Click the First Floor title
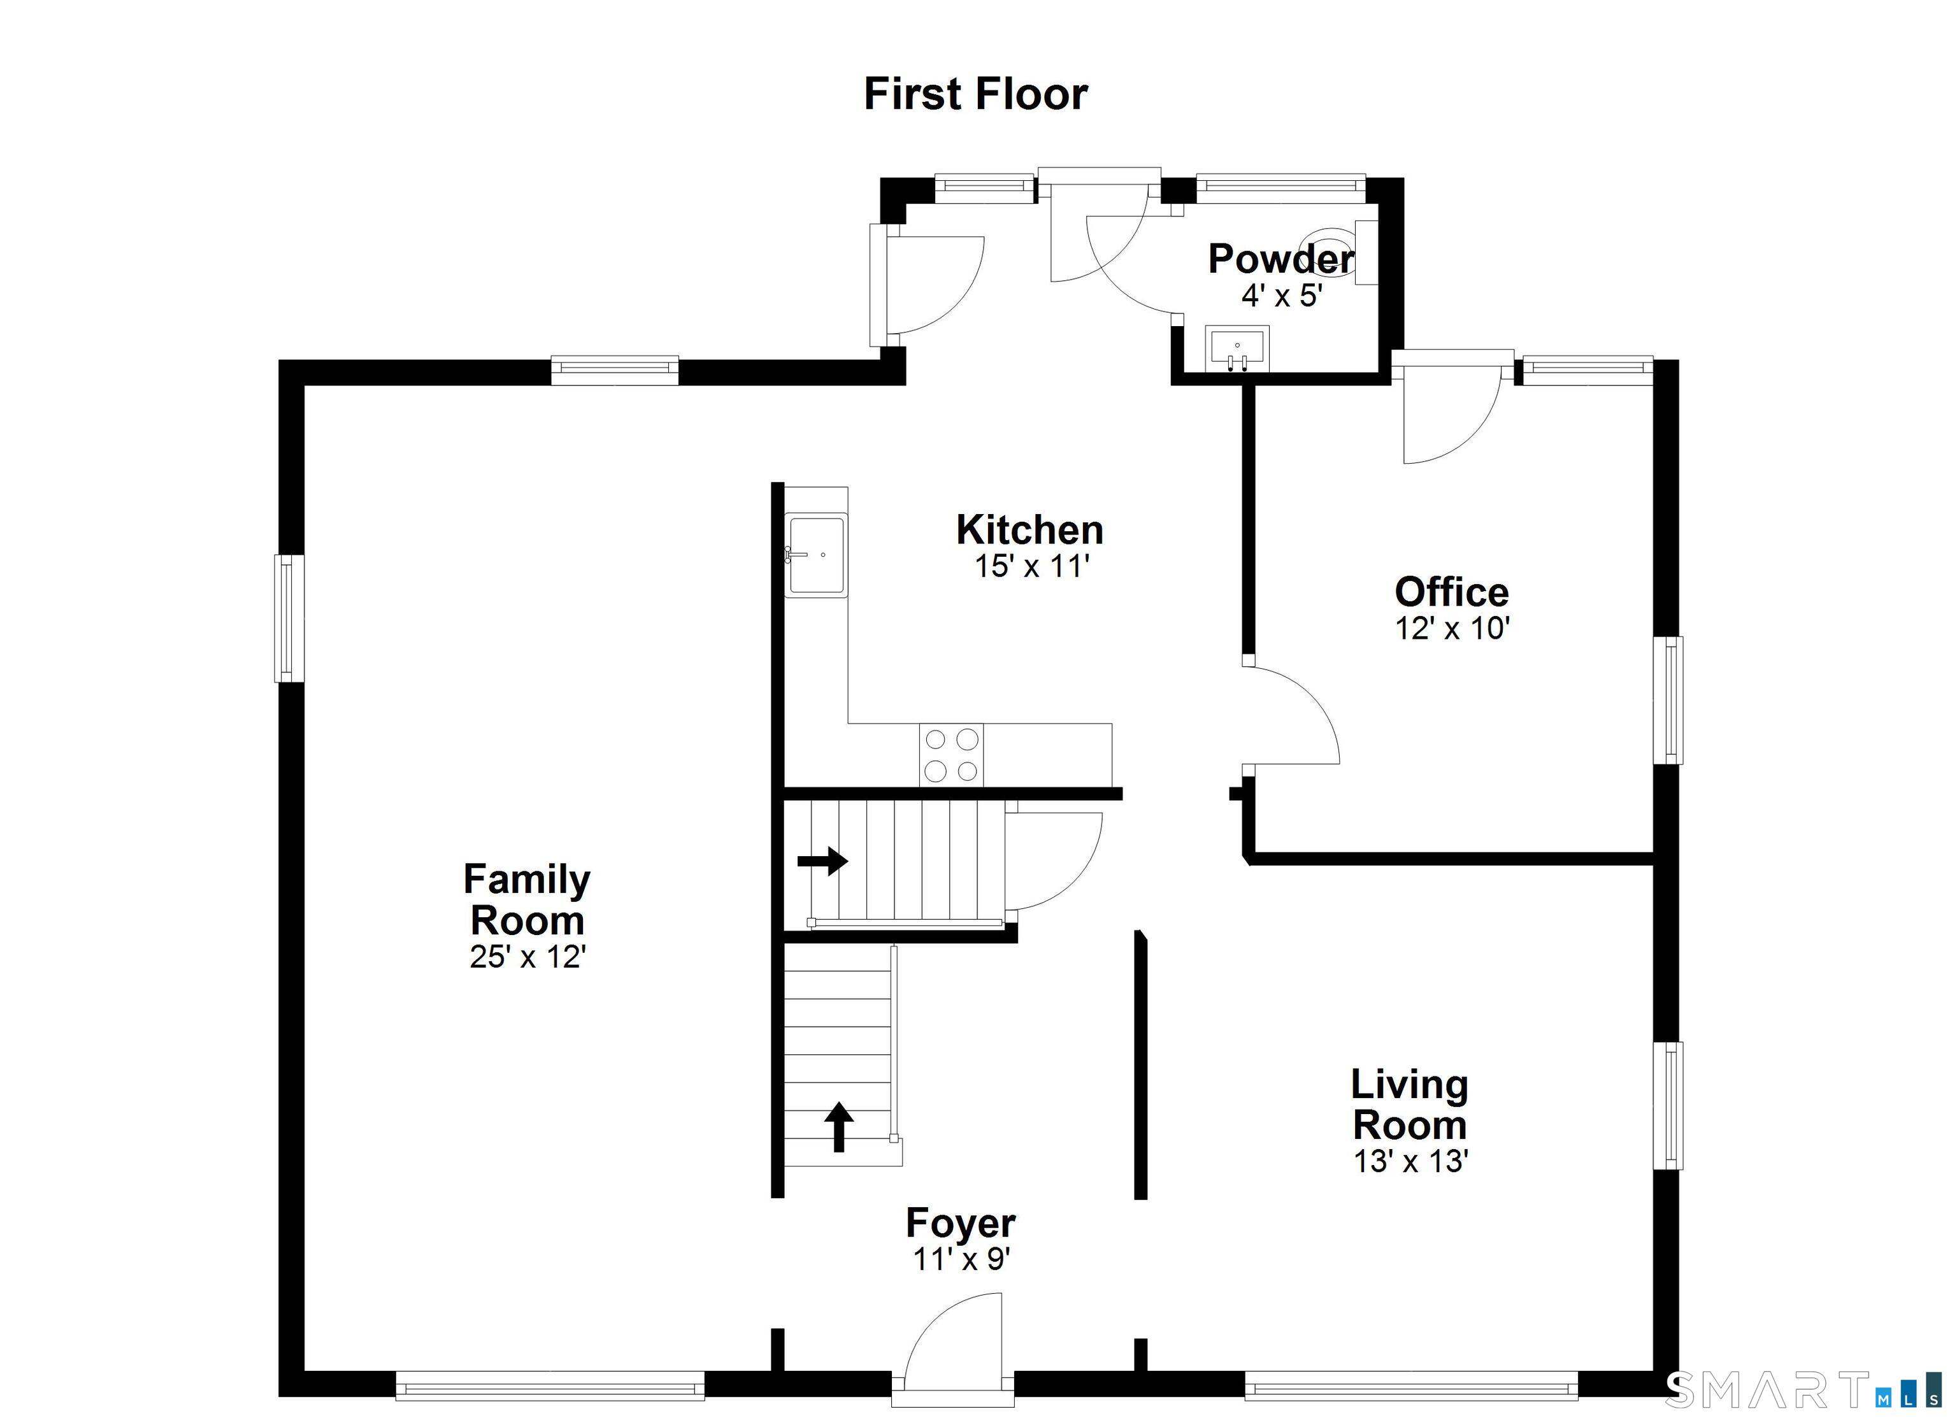click(975, 94)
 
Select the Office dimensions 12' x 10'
click(1452, 628)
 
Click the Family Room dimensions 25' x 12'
click(528, 957)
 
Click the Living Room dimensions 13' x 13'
click(1411, 1162)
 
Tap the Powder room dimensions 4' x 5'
click(1282, 296)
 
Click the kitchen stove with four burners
click(951, 755)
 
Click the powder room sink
click(1237, 348)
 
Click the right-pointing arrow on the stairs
click(822, 861)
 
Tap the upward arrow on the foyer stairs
click(838, 1126)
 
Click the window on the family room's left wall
click(289, 618)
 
